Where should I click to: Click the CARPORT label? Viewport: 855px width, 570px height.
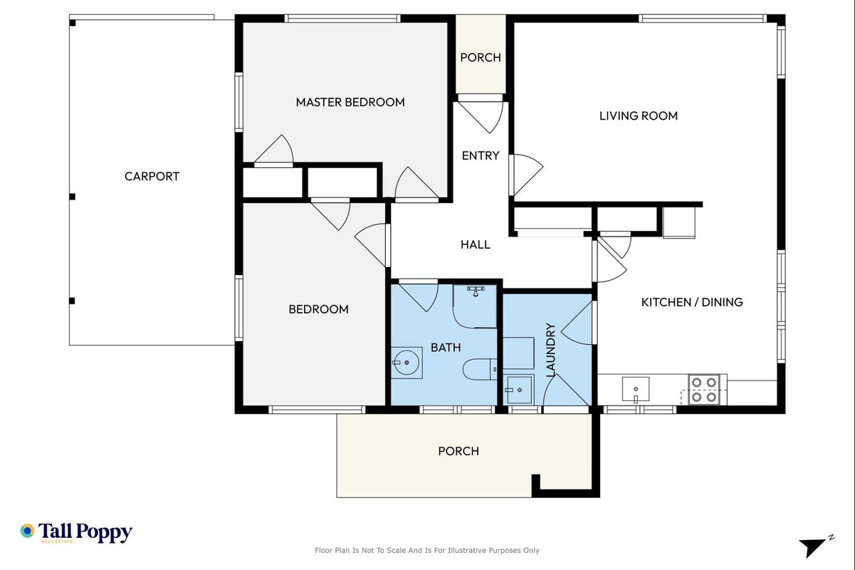pos(152,176)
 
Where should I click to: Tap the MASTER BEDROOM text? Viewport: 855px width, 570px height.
pos(350,102)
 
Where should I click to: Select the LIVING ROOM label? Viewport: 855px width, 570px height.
pos(638,115)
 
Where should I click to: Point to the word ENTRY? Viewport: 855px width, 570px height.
pos(480,155)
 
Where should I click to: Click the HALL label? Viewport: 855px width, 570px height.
pos(476,244)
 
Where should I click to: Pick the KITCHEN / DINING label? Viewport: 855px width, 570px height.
pos(692,302)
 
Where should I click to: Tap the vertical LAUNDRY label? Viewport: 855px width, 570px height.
pos(550,350)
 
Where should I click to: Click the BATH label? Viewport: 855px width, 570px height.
pos(446,347)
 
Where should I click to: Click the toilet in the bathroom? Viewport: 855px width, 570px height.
pos(480,369)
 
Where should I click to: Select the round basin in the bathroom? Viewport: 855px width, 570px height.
pos(406,363)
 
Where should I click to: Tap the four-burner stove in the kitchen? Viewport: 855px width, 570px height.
pos(704,390)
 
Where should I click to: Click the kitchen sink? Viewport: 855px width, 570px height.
pos(636,389)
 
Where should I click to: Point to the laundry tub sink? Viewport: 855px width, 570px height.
pos(518,390)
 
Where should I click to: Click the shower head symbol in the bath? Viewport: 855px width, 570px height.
pos(476,291)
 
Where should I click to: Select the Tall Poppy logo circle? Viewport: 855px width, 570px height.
pos(28,531)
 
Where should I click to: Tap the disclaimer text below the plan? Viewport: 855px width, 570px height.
pos(426,551)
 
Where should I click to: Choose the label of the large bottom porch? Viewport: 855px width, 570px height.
pos(458,451)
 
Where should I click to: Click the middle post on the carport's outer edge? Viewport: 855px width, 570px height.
pos(72,197)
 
